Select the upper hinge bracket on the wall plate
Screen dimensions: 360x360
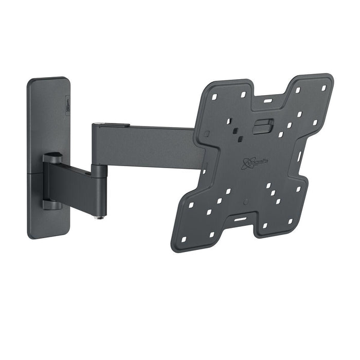click(53, 157)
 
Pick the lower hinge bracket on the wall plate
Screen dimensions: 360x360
click(53, 204)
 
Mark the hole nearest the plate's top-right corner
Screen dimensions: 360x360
click(324, 88)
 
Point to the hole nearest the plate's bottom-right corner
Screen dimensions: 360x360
click(291, 222)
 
